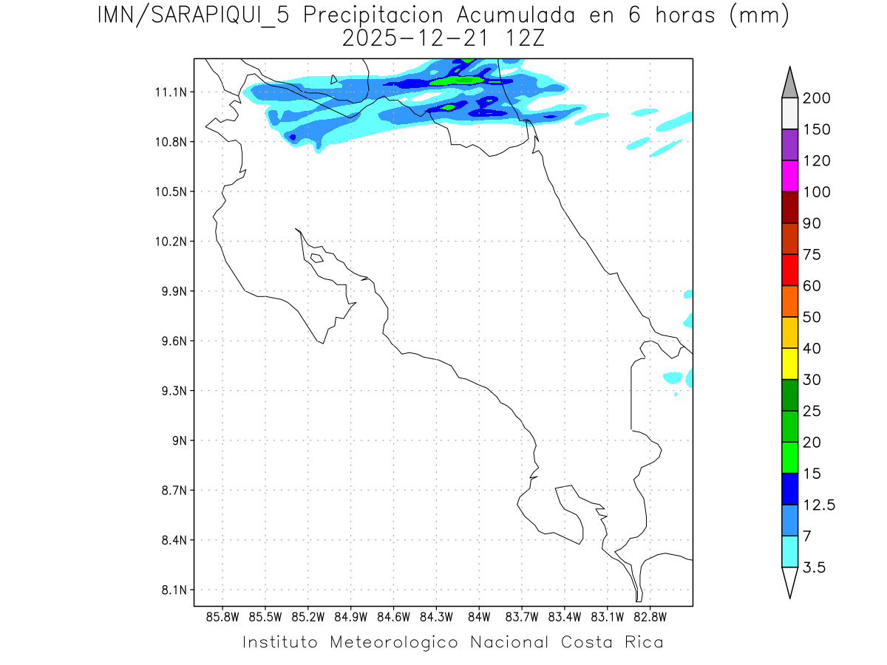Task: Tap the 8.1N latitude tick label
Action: tap(171, 590)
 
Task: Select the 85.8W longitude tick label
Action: tap(222, 616)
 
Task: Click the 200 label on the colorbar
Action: tap(817, 99)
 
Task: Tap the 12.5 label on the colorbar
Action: tap(820, 505)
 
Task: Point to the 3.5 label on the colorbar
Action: tap(815, 567)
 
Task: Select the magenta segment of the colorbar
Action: tap(789, 177)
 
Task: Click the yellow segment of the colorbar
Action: tap(789, 364)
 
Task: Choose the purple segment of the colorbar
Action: tap(789, 146)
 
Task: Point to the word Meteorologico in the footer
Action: tap(392, 642)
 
